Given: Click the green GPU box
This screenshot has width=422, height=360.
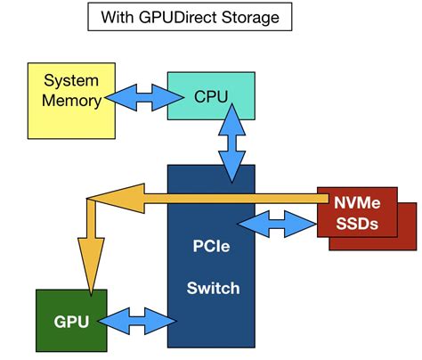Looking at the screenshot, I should click(x=70, y=320).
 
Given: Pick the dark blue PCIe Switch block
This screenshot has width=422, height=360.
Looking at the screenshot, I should click(x=211, y=267).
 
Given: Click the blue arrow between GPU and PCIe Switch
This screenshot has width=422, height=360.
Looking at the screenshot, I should click(x=137, y=317).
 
